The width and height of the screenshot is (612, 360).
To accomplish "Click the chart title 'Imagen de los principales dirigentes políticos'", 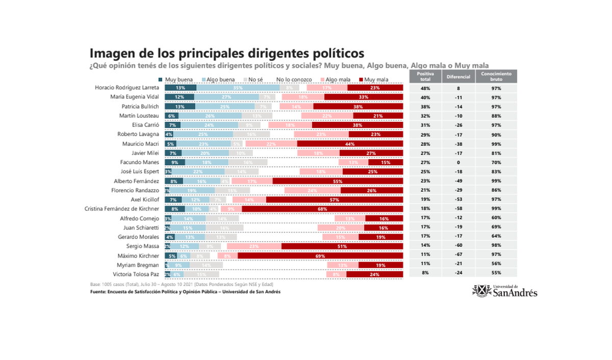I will pos(227,54).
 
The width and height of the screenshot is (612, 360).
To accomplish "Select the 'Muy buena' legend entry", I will pos(179,80).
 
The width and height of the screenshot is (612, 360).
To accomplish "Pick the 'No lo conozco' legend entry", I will pos(294,80).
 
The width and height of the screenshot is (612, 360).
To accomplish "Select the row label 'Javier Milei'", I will pos(145,152).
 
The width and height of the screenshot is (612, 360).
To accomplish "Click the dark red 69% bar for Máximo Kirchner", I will pos(320,255).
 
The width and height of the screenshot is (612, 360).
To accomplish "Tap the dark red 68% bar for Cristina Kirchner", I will pos(322,209).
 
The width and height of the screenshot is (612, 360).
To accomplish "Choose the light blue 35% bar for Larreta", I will pos(238,88).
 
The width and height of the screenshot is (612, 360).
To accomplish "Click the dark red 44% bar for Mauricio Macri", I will pos(350,143).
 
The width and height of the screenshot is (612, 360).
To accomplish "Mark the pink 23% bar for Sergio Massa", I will pos(254,246).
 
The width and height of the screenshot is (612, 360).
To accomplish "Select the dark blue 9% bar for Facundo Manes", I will pos(174,162).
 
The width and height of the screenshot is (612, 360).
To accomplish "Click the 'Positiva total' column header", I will pos(425,76).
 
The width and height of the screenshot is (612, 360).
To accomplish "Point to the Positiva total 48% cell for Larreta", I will pos(425,88).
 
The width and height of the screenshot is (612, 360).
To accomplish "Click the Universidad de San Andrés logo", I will pos(505,290).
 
